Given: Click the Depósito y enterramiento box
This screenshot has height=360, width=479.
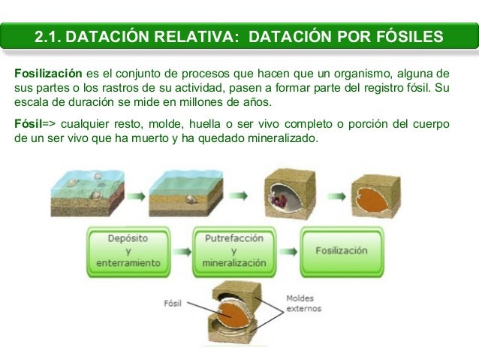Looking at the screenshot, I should [x=128, y=250].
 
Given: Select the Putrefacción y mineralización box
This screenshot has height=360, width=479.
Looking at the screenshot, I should [x=234, y=250].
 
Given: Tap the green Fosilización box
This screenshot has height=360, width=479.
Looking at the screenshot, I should [x=341, y=250].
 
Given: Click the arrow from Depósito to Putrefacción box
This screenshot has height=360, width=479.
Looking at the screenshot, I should [x=182, y=251].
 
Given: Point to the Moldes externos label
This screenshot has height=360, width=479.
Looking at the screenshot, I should [x=303, y=303].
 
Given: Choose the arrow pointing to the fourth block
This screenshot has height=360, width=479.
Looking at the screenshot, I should [x=336, y=196].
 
